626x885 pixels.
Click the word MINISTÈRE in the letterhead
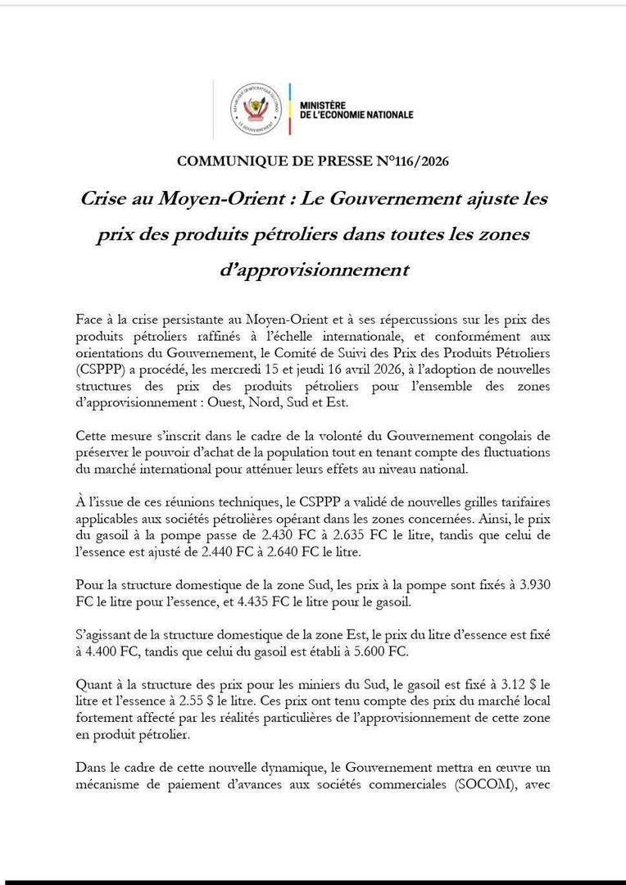pos(324,106)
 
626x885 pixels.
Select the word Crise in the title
pos(107,199)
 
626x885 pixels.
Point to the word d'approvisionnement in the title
pos(314,270)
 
